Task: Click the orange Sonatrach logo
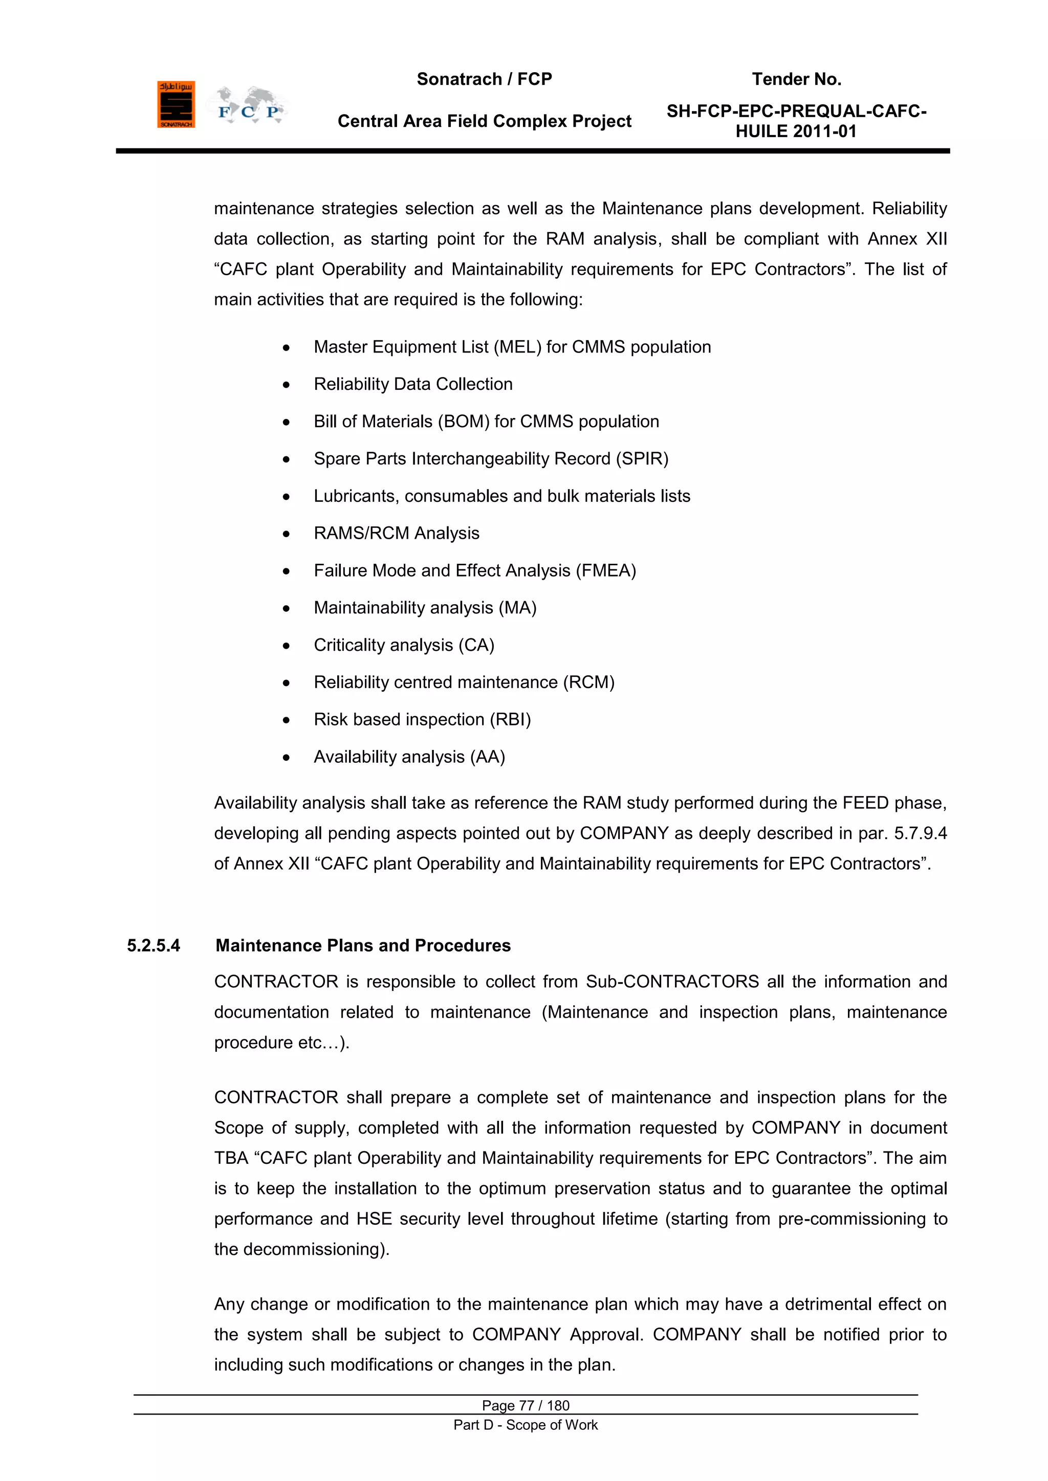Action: coord(176,104)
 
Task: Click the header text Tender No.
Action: coord(796,79)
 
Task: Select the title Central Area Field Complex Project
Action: coord(484,121)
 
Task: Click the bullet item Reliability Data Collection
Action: coord(413,384)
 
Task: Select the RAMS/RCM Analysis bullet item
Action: coord(396,534)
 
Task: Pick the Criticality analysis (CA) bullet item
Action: coord(404,645)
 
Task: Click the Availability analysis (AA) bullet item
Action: coord(409,757)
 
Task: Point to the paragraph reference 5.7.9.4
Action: coord(920,833)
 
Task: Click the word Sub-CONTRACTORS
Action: coord(672,982)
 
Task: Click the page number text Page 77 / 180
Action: coord(526,1405)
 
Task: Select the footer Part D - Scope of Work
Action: coord(526,1425)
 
